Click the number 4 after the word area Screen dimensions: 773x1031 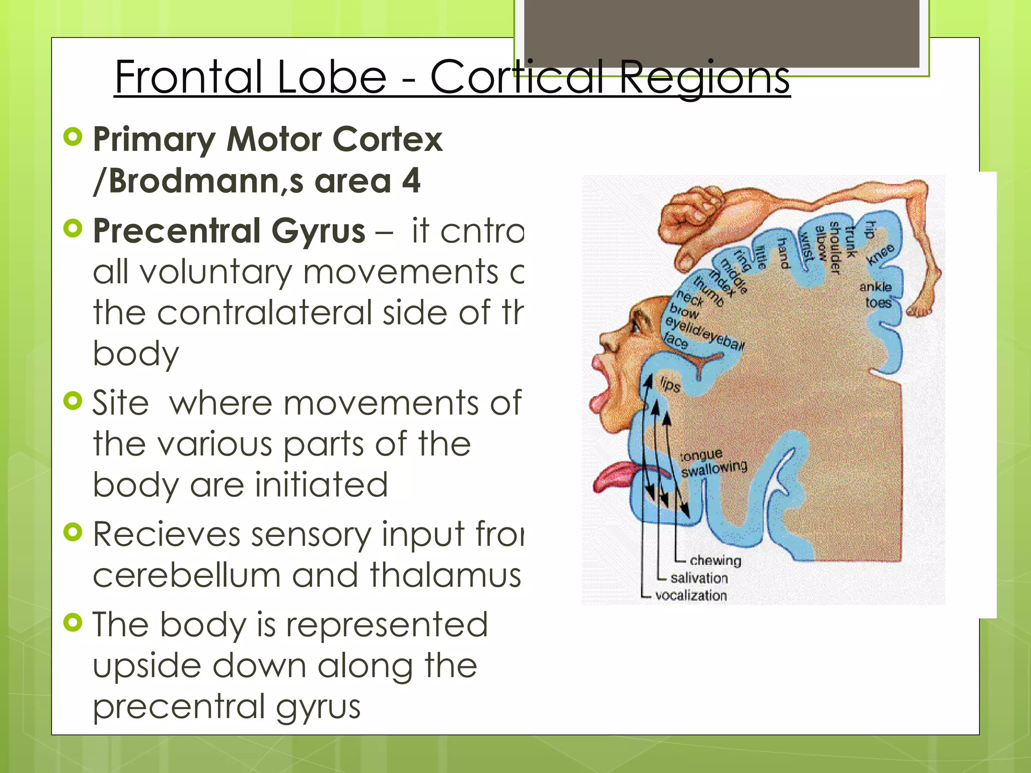411,181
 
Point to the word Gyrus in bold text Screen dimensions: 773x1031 318,231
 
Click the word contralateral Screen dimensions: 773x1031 266,313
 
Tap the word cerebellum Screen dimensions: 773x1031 186,575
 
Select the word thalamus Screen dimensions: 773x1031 445,575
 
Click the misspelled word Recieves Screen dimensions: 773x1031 167,534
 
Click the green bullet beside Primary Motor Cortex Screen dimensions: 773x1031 73,137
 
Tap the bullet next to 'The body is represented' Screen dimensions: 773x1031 73,623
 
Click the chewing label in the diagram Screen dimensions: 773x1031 715,561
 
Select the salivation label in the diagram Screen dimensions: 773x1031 699,578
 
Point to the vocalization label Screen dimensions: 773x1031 691,596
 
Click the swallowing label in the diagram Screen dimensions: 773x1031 714,469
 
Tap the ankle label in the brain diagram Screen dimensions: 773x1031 875,287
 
